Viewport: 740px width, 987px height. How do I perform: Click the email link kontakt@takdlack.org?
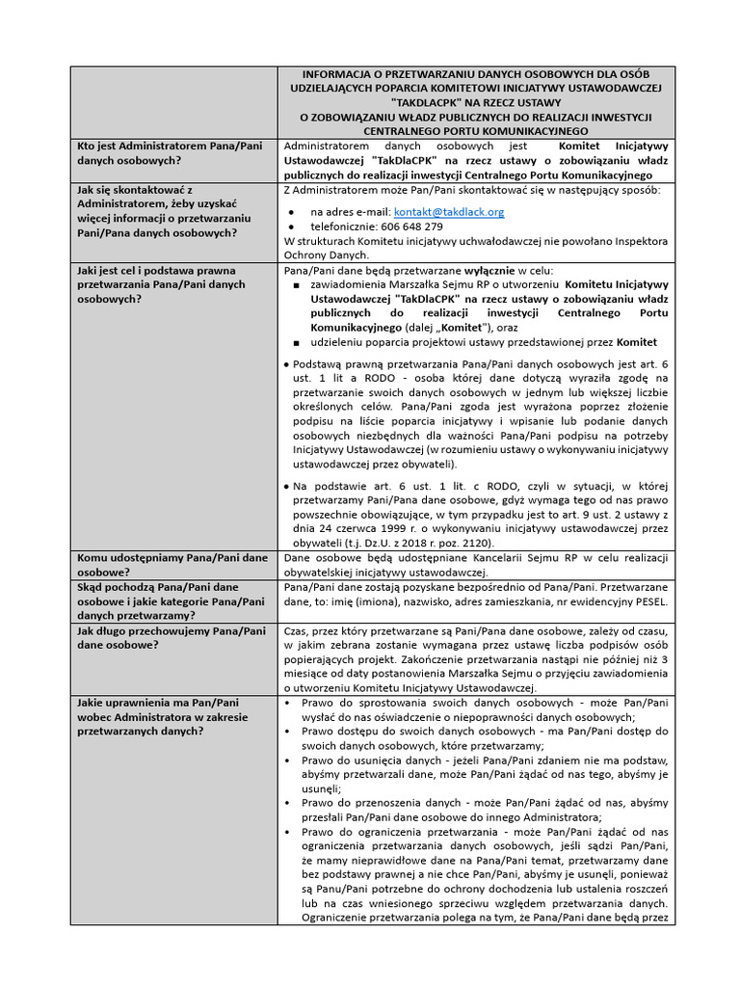(449, 211)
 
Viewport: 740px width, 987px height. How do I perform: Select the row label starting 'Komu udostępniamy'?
(172, 558)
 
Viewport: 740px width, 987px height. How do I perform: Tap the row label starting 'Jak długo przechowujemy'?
(172, 630)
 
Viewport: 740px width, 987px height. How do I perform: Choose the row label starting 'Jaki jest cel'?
(156, 271)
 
